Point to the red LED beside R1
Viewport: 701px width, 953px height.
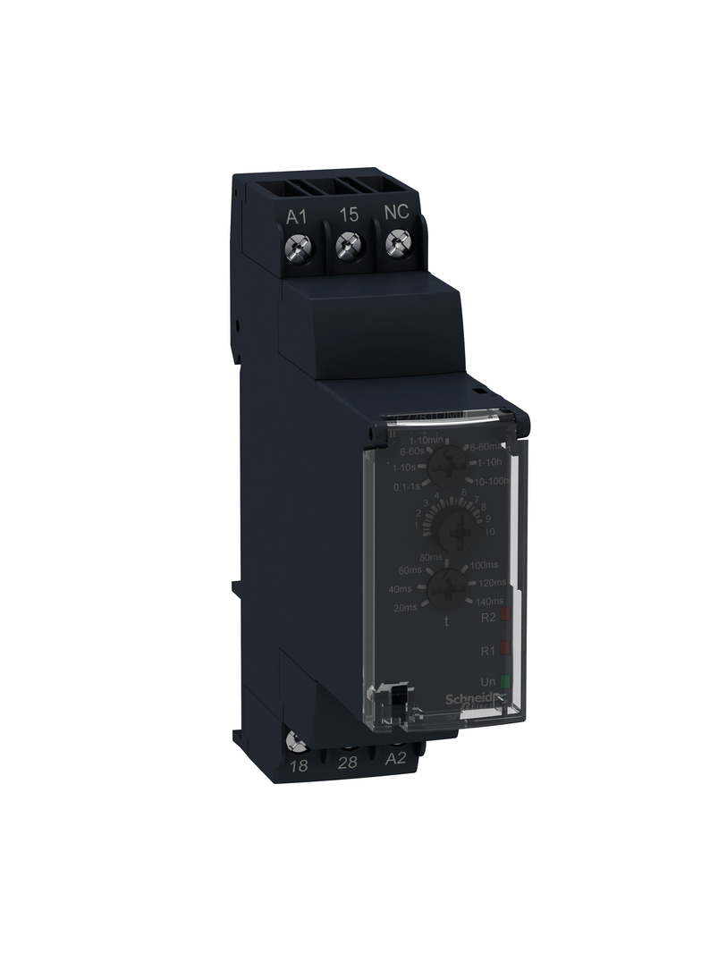pyautogui.click(x=505, y=646)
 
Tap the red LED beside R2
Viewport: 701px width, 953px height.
pyautogui.click(x=505, y=615)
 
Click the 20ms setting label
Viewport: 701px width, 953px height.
pyautogui.click(x=404, y=607)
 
